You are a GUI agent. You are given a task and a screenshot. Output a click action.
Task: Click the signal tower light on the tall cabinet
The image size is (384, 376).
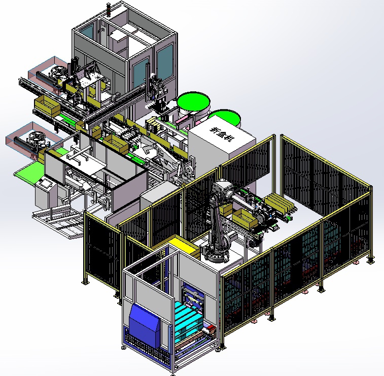(x=109, y=9)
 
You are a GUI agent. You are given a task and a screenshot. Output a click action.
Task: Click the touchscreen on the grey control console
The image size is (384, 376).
(x=46, y=184)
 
